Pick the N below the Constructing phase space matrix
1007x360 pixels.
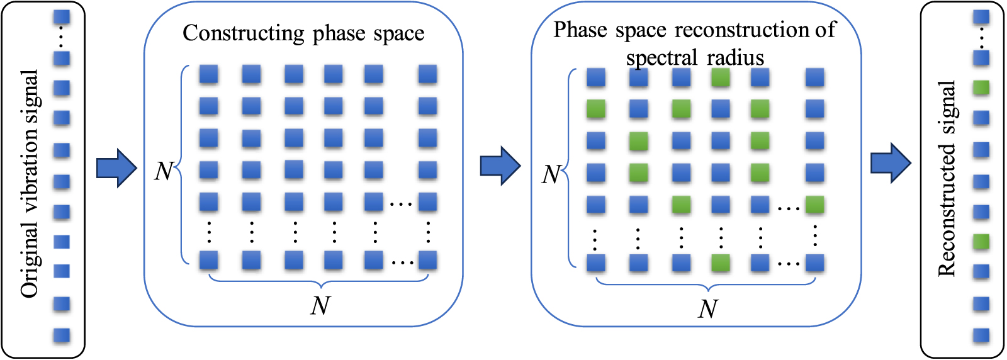click(320, 306)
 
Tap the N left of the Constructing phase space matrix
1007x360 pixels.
click(164, 171)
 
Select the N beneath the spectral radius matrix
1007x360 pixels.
click(708, 309)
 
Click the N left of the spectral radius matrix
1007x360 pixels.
click(551, 175)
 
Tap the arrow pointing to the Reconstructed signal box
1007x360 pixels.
click(891, 163)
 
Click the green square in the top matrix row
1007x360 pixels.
click(721, 78)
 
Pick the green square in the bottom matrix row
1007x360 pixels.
click(721, 263)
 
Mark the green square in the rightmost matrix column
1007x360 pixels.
click(815, 205)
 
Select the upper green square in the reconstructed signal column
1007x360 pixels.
click(981, 87)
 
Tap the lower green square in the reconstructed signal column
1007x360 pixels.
click(981, 241)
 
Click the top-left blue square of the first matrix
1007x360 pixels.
click(209, 75)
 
